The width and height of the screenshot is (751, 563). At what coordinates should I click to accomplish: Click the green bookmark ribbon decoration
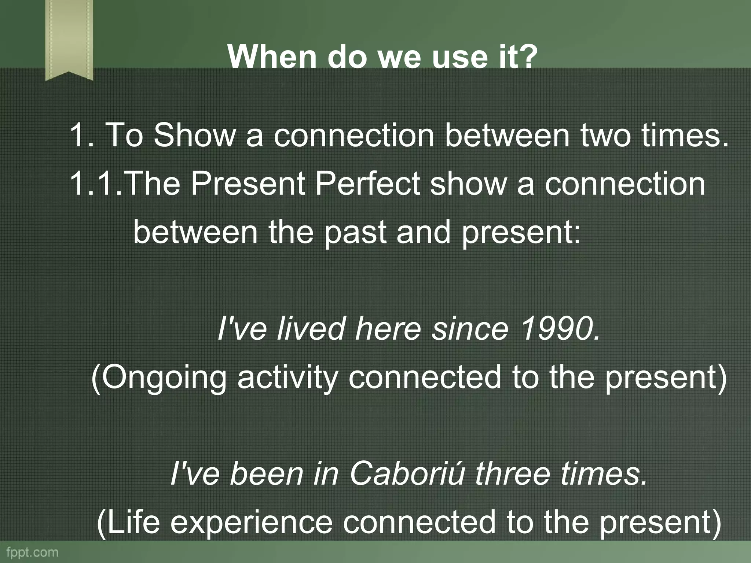pyautogui.click(x=69, y=38)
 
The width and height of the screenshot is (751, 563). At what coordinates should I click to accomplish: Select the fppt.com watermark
pyautogui.click(x=32, y=552)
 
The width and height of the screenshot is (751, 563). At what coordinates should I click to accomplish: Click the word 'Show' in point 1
pyautogui.click(x=194, y=135)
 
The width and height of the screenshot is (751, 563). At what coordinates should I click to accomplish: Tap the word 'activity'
pyautogui.click(x=287, y=378)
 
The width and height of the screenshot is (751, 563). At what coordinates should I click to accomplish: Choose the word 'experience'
pyautogui.click(x=251, y=523)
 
